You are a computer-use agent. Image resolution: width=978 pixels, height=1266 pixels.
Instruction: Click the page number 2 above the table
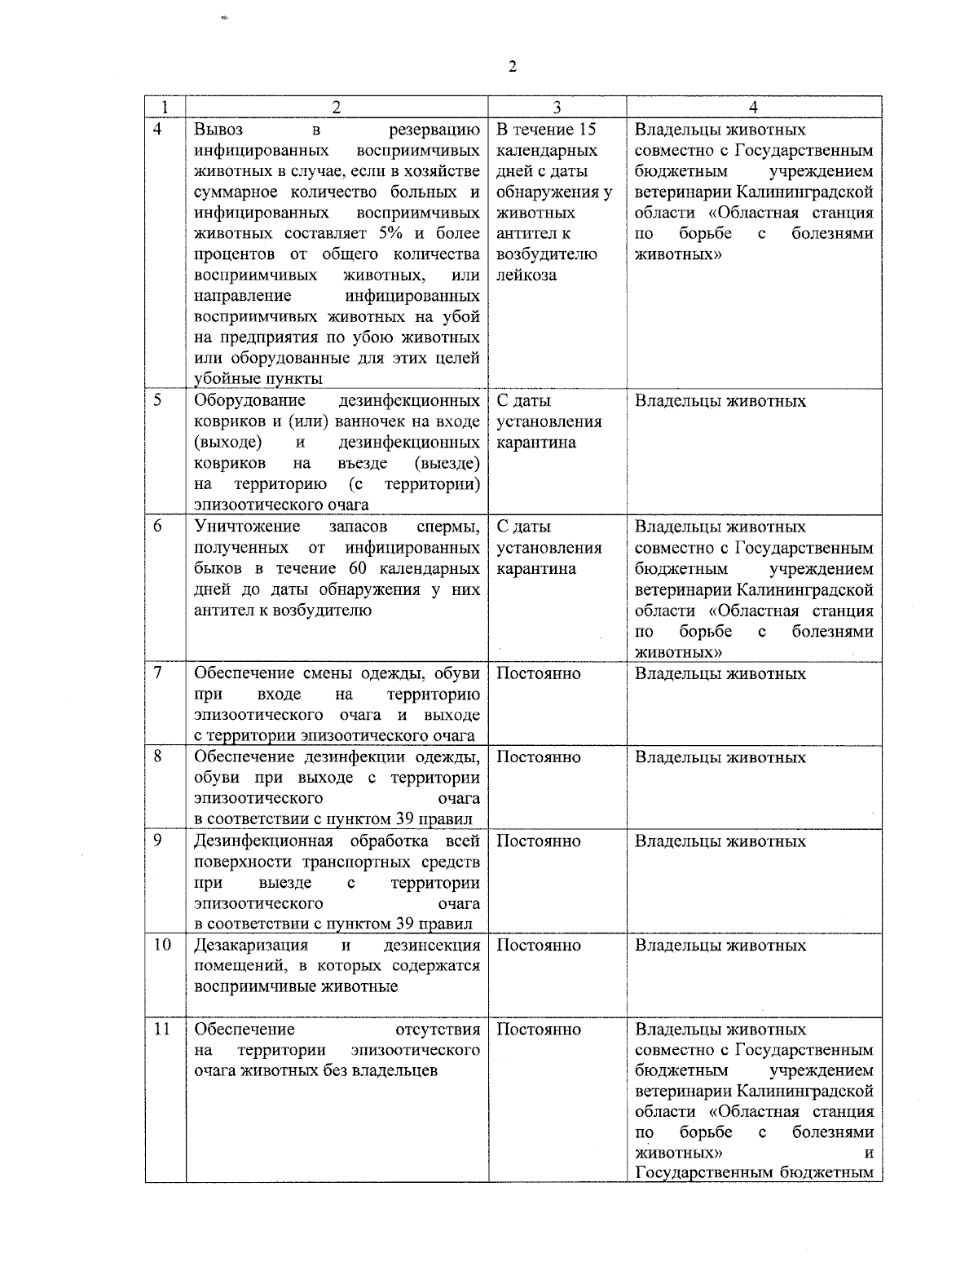(x=512, y=67)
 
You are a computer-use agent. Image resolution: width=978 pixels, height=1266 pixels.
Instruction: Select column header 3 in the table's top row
(x=557, y=108)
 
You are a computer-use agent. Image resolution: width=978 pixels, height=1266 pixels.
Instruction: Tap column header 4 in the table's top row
(x=753, y=108)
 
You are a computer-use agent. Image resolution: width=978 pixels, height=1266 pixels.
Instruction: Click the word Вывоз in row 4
(x=218, y=130)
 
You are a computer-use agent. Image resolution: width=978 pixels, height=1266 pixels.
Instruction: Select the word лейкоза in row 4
(x=526, y=275)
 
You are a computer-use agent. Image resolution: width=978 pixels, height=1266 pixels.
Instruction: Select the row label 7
(x=158, y=673)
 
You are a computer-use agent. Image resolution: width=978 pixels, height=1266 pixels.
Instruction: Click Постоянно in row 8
(x=538, y=757)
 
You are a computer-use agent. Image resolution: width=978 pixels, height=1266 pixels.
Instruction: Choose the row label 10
(x=162, y=946)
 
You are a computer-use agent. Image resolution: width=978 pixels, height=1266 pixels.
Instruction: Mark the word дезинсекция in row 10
(x=431, y=946)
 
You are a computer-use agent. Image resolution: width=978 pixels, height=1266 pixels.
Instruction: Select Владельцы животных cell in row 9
(x=720, y=841)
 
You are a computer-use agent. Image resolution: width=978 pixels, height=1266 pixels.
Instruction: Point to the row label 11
(x=162, y=1030)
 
